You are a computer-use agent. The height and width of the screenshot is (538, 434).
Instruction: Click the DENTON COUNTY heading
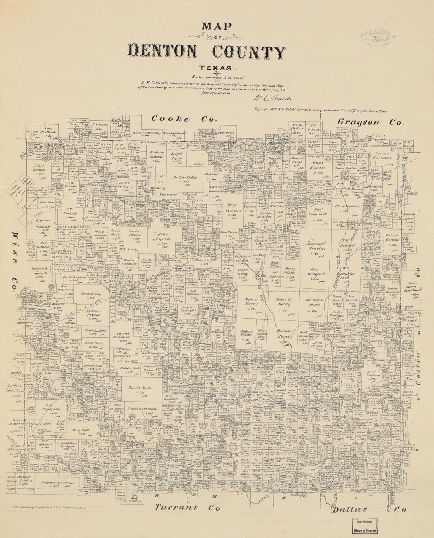point(206,52)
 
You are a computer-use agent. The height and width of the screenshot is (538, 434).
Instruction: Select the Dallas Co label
point(369,510)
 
